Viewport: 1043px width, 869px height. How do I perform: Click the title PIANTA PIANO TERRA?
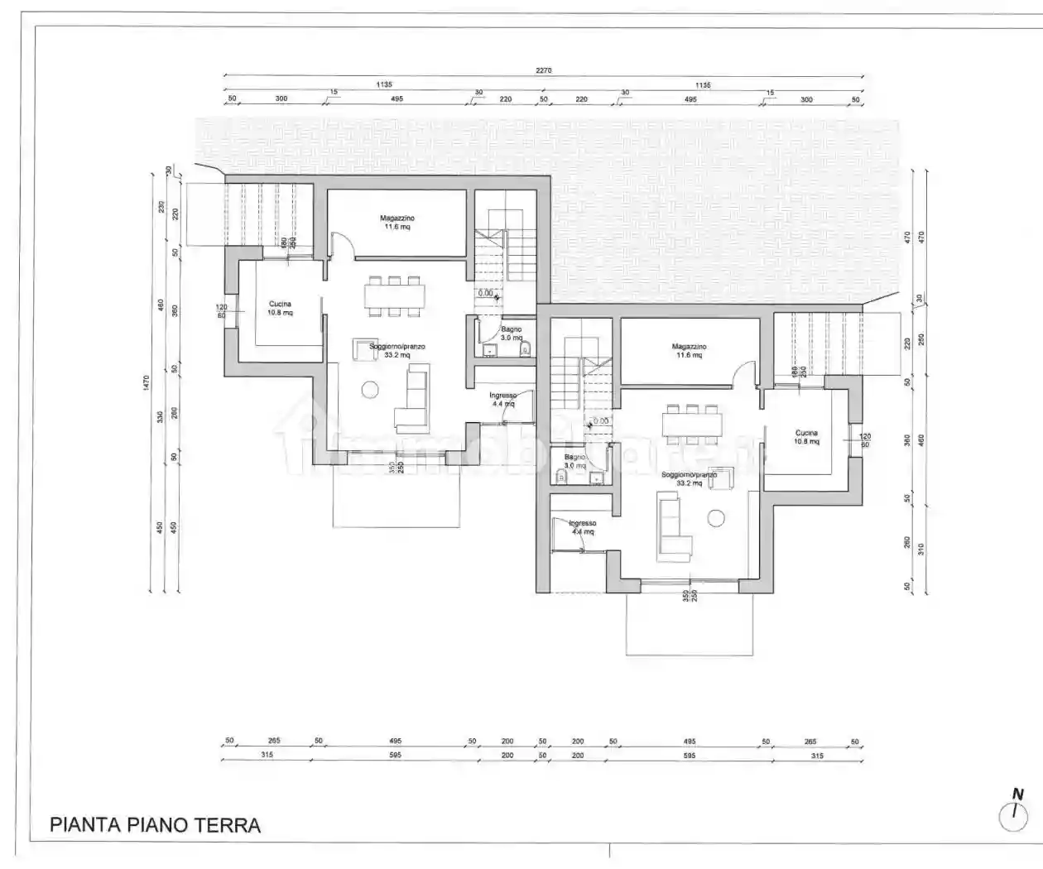tap(156, 825)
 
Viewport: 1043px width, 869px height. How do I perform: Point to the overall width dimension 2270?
tap(543, 70)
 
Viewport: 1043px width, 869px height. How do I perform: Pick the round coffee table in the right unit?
tap(716, 518)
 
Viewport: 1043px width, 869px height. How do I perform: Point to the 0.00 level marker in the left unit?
tap(487, 293)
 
